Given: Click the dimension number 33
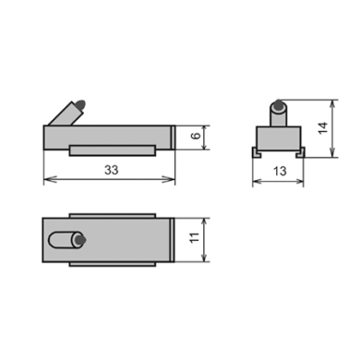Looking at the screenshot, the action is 111,170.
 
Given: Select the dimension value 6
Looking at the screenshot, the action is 196,136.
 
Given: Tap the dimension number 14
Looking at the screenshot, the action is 323,127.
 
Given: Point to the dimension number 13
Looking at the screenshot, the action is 280,171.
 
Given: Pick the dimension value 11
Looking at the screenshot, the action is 195,237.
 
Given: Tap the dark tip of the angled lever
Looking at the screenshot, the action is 81,104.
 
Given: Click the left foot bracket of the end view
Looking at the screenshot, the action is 257,152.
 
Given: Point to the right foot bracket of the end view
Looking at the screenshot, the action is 300,152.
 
